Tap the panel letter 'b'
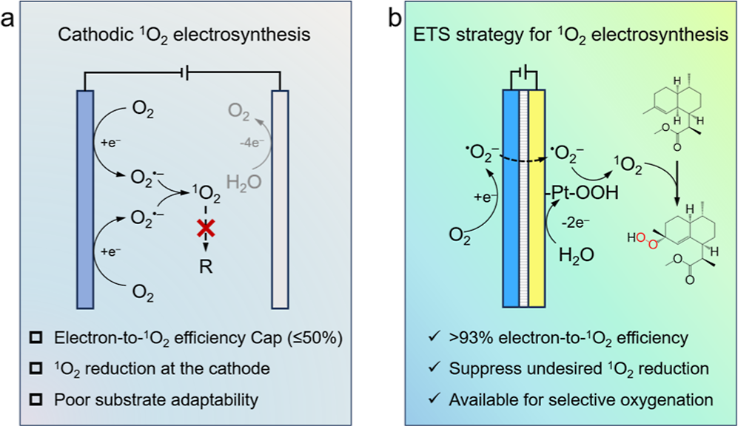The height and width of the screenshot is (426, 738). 395,18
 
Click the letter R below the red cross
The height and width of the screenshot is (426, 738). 206,266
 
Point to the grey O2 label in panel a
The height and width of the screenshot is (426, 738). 238,112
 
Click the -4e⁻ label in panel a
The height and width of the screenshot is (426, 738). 252,143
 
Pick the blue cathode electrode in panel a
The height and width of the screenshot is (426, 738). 85,200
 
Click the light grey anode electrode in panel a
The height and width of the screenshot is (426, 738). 280,200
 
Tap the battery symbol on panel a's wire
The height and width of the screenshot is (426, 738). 186,73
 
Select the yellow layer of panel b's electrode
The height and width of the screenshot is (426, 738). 537,198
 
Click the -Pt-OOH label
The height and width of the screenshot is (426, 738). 582,192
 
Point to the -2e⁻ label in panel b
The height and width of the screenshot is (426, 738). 576,222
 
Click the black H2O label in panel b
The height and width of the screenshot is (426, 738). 577,255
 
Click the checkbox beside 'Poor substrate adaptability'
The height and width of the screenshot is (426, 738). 36,399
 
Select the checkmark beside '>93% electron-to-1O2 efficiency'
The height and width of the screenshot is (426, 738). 435,337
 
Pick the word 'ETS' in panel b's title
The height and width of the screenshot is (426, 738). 429,34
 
